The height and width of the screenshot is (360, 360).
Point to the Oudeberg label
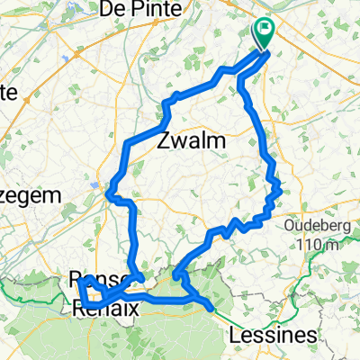[315, 225]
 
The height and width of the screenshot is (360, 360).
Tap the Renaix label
[104, 308]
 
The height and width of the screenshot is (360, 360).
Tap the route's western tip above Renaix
[80, 281]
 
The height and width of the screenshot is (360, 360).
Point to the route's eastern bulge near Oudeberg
[280, 188]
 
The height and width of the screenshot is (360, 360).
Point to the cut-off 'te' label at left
[10, 92]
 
